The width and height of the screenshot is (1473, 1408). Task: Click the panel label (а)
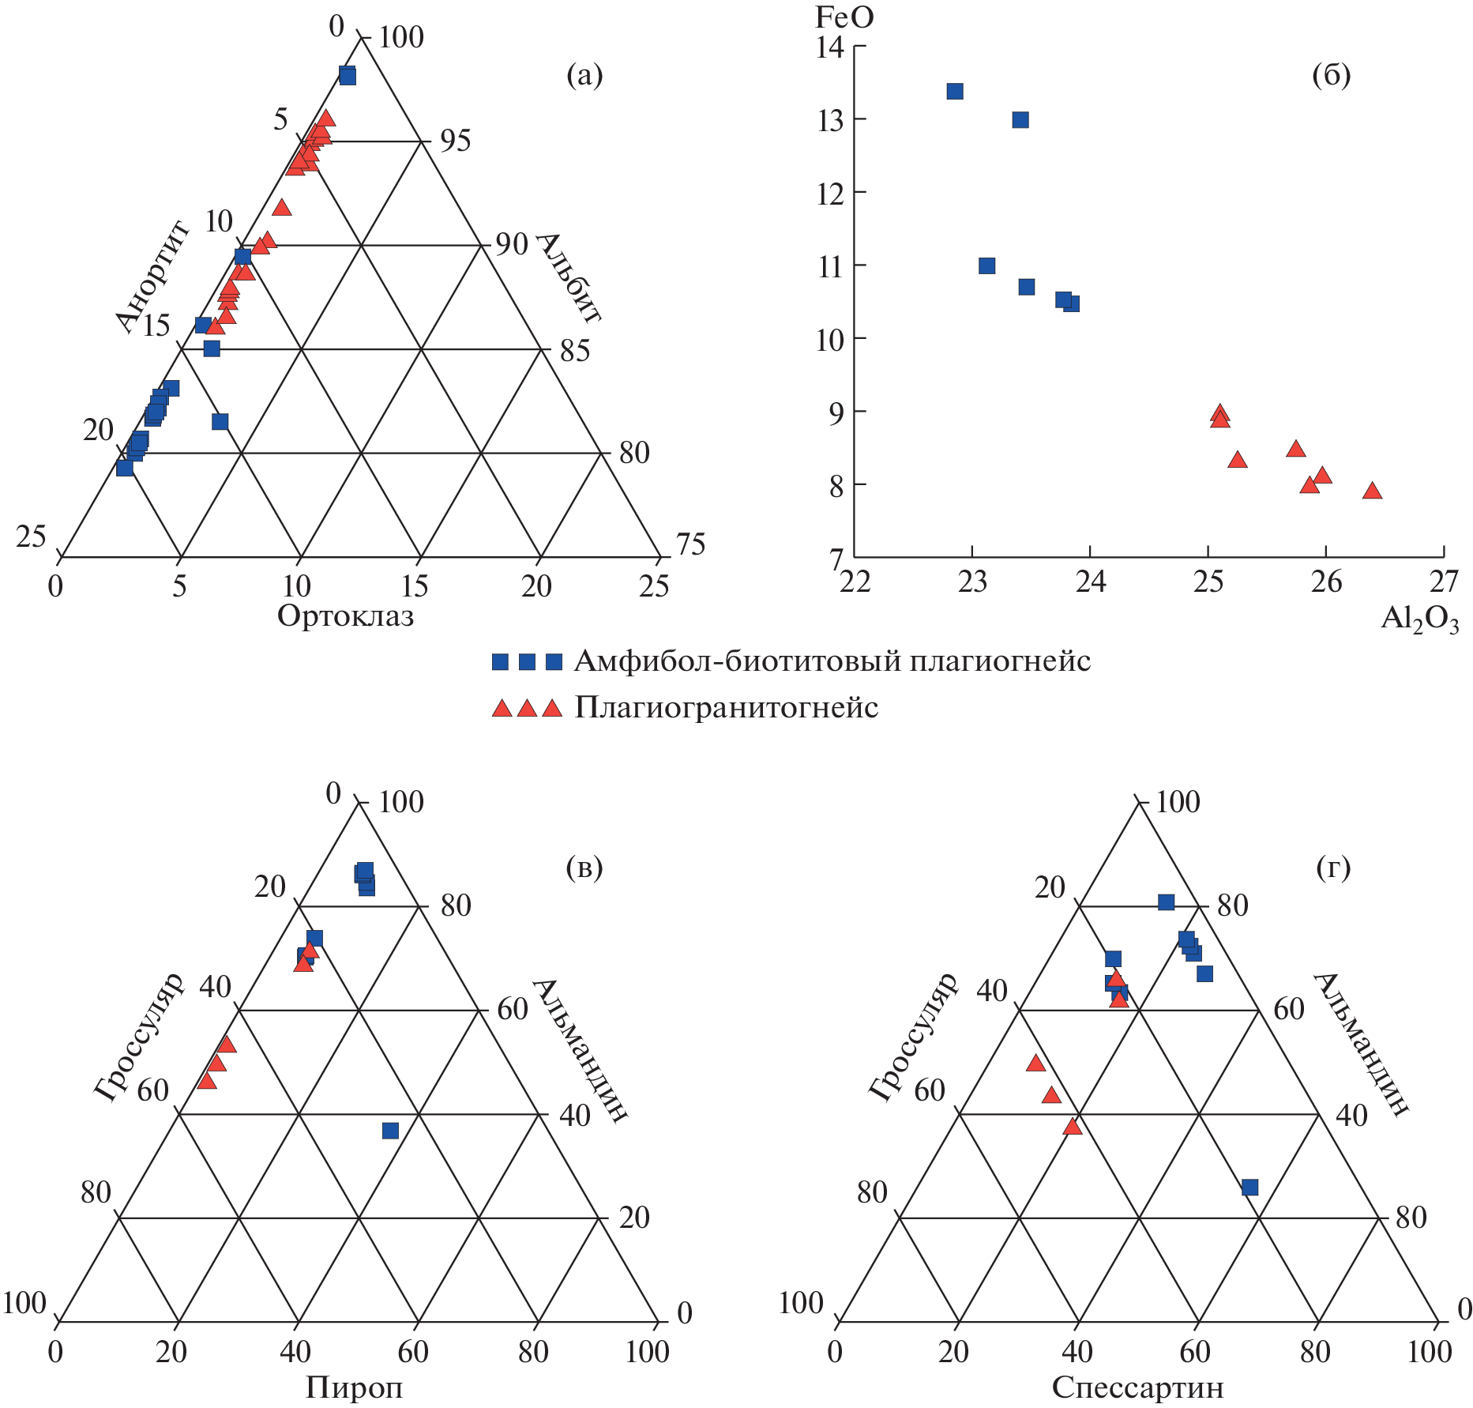[x=584, y=76]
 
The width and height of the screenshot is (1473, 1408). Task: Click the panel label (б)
[x=1331, y=76]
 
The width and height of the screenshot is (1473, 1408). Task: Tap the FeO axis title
[x=844, y=17]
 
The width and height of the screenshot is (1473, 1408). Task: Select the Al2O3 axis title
[x=1419, y=619]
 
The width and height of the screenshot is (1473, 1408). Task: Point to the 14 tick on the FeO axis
[x=830, y=47]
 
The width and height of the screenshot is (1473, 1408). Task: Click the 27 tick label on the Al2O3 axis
[x=1444, y=582]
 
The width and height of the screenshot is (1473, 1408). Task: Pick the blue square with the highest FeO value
[x=955, y=92]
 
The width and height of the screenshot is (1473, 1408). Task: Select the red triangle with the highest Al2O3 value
[x=1372, y=491]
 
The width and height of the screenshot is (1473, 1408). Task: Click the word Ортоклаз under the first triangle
[x=345, y=616]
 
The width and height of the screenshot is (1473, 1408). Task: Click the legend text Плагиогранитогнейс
[x=726, y=707]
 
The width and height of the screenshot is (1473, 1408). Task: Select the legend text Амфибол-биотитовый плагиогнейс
[x=832, y=661]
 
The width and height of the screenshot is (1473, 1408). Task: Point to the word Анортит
[x=152, y=277]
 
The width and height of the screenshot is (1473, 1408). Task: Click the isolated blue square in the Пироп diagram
[x=390, y=1131]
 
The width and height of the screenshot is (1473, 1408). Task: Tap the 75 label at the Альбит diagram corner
[x=690, y=544]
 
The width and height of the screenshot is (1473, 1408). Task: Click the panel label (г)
[x=1333, y=868]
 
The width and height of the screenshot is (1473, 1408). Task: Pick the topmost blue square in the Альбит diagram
[x=348, y=76]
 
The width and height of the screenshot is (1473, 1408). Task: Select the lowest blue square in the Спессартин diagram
[x=1249, y=1188]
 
